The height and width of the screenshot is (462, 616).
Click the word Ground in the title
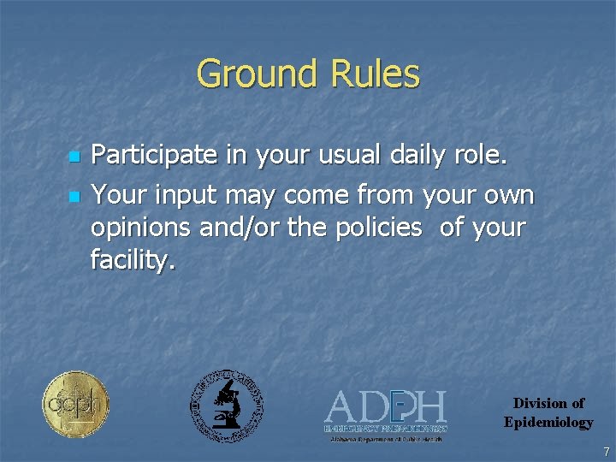tap(252, 74)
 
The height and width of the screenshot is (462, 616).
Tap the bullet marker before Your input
tap(74, 197)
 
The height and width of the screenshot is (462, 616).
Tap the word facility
tap(133, 260)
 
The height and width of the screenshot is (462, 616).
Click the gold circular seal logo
tap(75, 404)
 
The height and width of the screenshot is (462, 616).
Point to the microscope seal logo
tap(226, 406)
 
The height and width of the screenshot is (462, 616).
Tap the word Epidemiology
tap(548, 422)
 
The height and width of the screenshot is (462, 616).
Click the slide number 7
tap(606, 451)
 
